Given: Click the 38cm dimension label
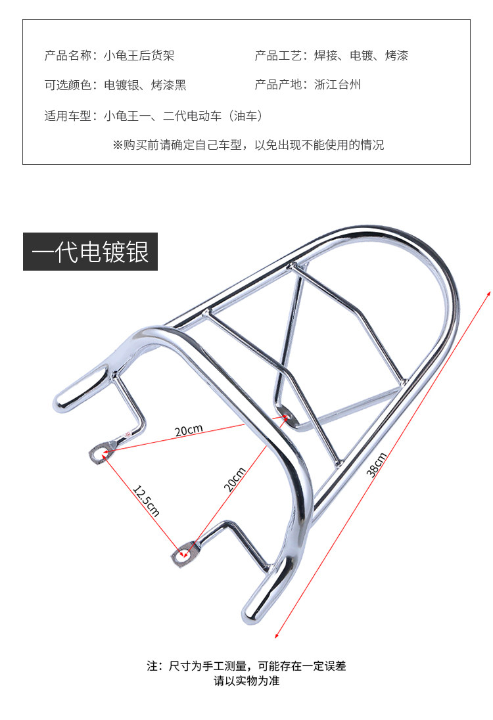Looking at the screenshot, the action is click(377, 466).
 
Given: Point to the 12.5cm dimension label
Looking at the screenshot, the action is click(146, 501).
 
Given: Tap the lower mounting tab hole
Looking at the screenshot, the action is click(183, 555).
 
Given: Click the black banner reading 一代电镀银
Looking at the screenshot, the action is click(91, 252).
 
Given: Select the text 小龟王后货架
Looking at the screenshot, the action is click(139, 56).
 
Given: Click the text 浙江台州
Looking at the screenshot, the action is click(338, 85).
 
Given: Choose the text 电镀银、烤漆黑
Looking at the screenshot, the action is click(145, 85).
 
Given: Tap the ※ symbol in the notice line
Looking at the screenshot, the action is click(118, 145).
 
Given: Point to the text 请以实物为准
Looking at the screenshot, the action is click(246, 681).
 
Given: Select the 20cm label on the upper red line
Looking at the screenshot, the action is click(189, 431).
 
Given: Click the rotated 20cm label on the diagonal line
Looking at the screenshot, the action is click(235, 479).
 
